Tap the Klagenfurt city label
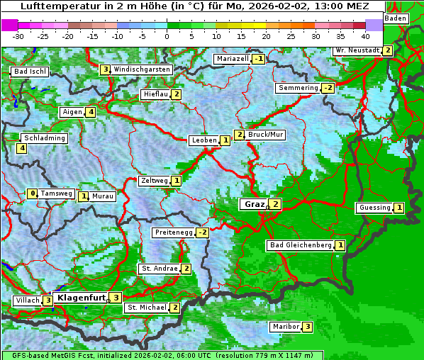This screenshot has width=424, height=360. [80, 298]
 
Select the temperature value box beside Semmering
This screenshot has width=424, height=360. [328, 88]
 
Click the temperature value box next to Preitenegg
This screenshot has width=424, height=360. [203, 232]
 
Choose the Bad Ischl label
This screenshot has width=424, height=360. [30, 72]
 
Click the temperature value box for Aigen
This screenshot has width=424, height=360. [91, 112]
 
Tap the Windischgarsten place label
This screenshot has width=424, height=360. [142, 69]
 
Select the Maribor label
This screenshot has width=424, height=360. [285, 327]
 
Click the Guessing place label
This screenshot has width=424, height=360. [374, 208]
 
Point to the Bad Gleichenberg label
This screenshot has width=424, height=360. [301, 245]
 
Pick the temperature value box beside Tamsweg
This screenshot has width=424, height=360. [32, 193]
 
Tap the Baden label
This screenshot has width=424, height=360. [396, 18]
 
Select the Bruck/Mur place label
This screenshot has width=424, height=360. [265, 135]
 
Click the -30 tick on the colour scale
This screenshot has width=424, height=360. [18, 36]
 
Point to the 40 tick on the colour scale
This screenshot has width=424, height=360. [365, 36]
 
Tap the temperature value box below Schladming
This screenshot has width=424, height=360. [22, 148]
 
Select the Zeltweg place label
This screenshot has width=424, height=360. [155, 181]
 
